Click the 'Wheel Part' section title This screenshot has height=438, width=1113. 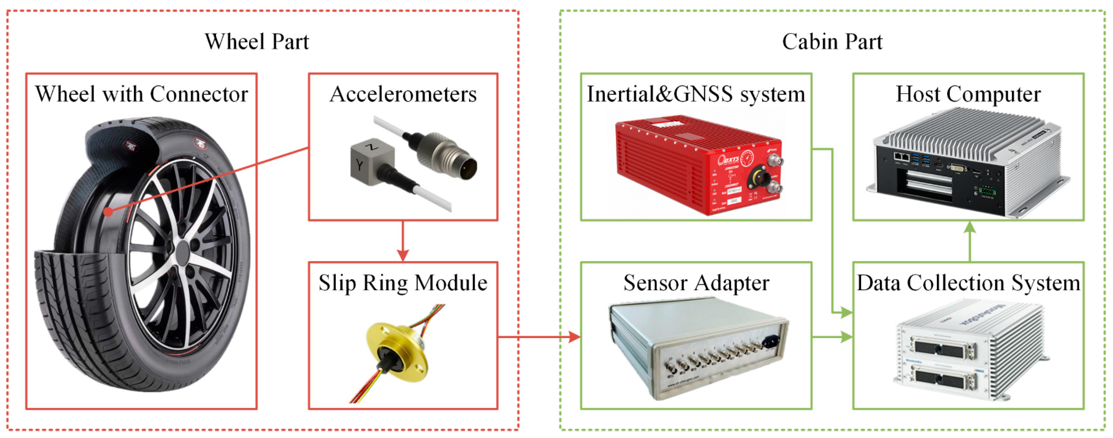[x=257, y=42]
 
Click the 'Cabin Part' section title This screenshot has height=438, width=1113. [x=832, y=42]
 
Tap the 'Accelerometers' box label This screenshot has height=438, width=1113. [x=403, y=94]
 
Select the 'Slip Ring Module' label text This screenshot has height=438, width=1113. [x=403, y=283]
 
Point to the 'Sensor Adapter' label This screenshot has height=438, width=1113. [x=696, y=283]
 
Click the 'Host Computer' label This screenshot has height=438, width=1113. [x=968, y=94]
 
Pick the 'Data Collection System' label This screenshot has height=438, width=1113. [x=968, y=283]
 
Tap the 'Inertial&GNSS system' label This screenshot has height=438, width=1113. [x=696, y=94]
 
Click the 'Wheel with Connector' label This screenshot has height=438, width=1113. [x=141, y=94]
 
